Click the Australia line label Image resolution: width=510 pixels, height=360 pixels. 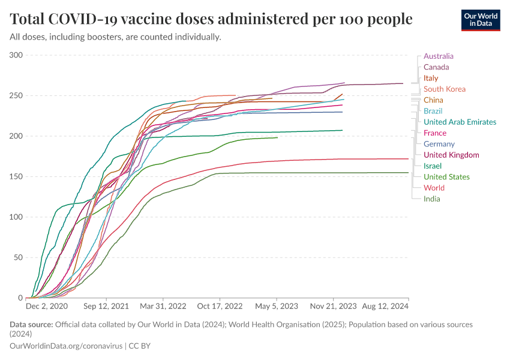pyautogui.click(x=438, y=56)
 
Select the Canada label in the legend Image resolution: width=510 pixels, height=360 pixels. pyautogui.click(x=436, y=67)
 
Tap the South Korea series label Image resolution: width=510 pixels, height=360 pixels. pyautogui.click(x=444, y=89)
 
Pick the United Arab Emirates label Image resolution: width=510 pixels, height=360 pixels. pyautogui.click(x=460, y=122)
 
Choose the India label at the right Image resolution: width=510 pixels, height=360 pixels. pyautogui.click(x=431, y=199)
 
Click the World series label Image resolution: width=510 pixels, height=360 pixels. pyautogui.click(x=434, y=188)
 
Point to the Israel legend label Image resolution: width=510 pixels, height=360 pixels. pyautogui.click(x=432, y=166)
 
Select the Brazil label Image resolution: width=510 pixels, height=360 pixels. pyautogui.click(x=433, y=111)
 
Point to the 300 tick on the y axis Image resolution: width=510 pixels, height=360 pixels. pyautogui.click(x=16, y=55)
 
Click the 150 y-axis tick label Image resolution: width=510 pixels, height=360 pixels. pyautogui.click(x=16, y=176)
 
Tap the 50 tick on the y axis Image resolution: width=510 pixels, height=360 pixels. pyautogui.click(x=18, y=257)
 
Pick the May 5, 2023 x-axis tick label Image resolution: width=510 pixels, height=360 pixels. pyautogui.click(x=277, y=306)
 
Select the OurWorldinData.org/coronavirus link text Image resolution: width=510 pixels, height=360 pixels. pyautogui.click(x=66, y=346)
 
